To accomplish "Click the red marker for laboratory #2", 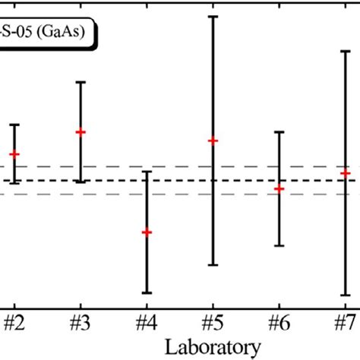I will [x=14, y=154].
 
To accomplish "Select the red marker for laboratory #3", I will [x=81, y=132].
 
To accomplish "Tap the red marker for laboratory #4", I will [x=147, y=232].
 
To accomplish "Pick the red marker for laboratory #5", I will [x=213, y=141].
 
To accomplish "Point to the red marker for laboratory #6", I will [x=279, y=188].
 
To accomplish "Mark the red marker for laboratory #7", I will [x=346, y=173].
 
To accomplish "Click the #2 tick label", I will [x=14, y=322].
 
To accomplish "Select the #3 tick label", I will [x=81, y=322].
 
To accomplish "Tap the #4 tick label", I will [x=147, y=322].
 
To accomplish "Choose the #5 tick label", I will [x=213, y=322].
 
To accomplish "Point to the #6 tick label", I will [x=279, y=322].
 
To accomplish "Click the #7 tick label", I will [x=346, y=322].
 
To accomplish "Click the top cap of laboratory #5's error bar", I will [x=213, y=16].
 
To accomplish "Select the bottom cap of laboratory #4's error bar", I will [x=147, y=292].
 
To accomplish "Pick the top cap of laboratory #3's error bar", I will [x=81, y=82].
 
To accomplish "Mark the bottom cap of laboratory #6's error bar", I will [x=279, y=245].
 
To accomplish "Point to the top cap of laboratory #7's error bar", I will [x=346, y=52].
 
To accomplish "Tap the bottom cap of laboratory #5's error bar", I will [x=213, y=265].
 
